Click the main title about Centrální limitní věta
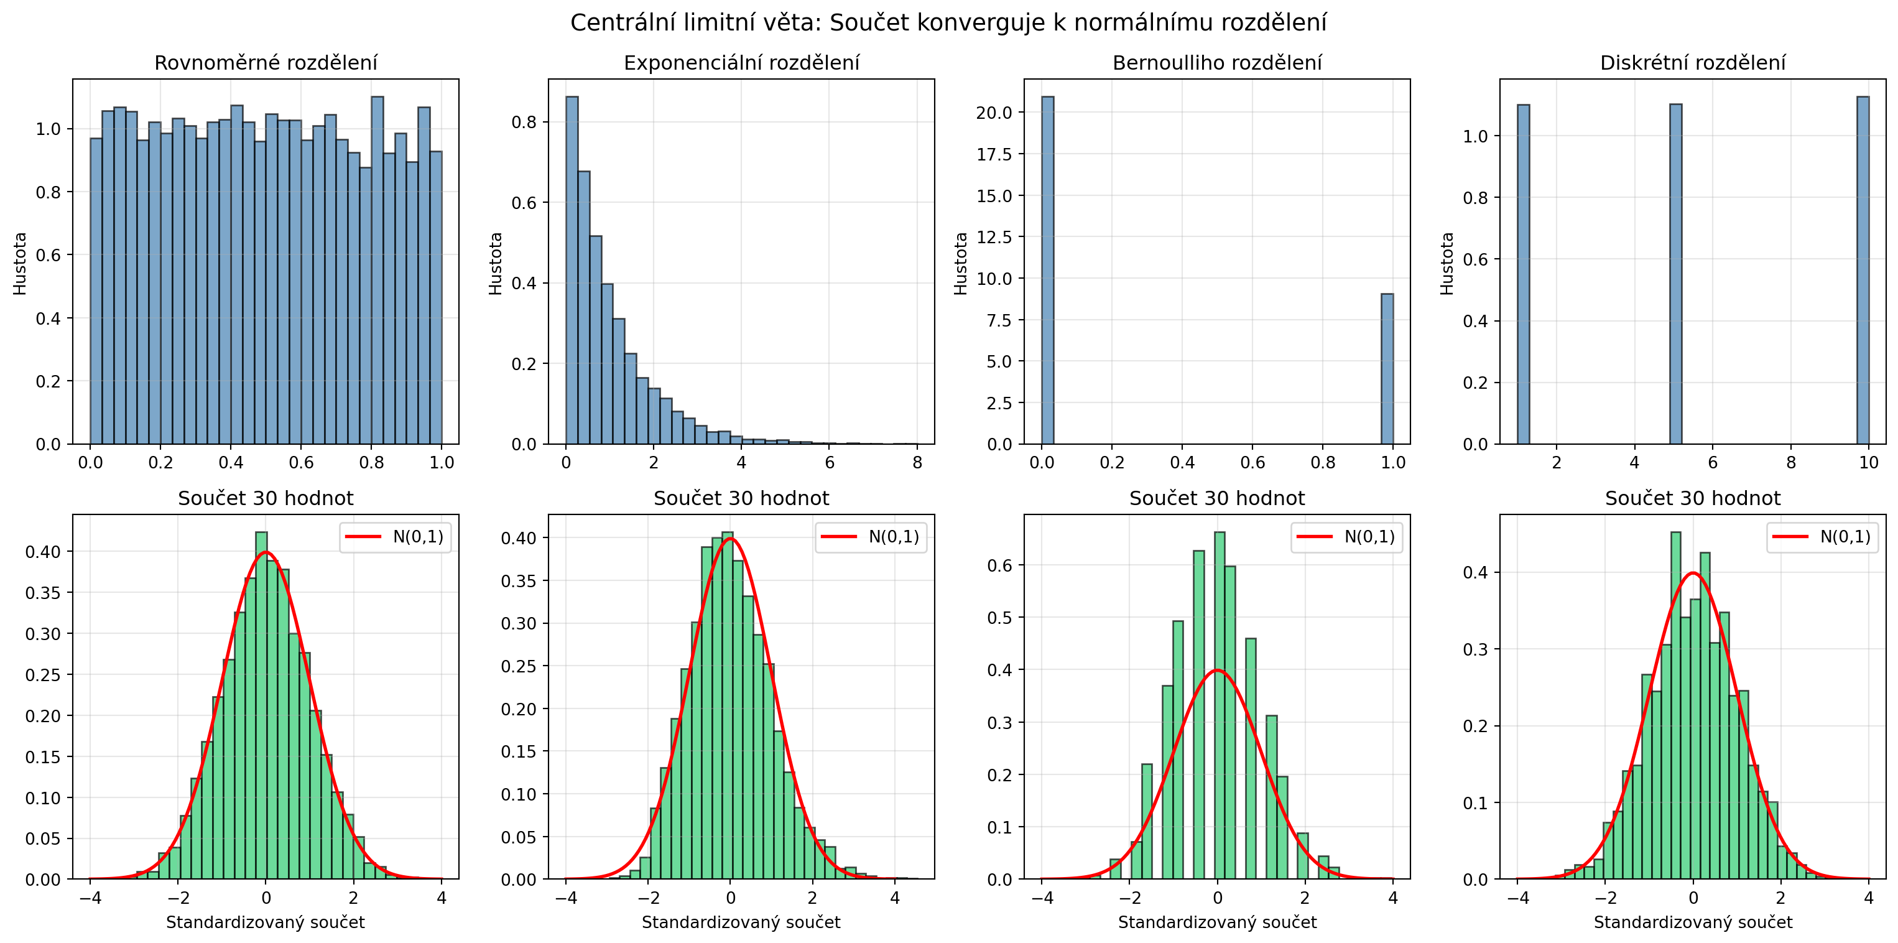point(948,23)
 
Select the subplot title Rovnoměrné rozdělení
point(266,63)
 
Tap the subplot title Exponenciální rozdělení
point(741,63)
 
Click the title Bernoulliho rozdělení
point(1216,63)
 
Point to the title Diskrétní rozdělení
point(1692,63)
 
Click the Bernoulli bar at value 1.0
point(1387,368)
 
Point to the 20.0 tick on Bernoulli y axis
point(994,113)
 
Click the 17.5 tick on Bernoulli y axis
point(994,154)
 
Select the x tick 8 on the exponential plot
point(917,463)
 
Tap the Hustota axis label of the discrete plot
point(1447,263)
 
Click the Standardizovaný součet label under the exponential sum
point(741,922)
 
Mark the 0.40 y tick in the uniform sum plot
point(44,552)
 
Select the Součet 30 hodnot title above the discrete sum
point(1692,499)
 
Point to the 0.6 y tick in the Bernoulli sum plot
point(1001,565)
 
